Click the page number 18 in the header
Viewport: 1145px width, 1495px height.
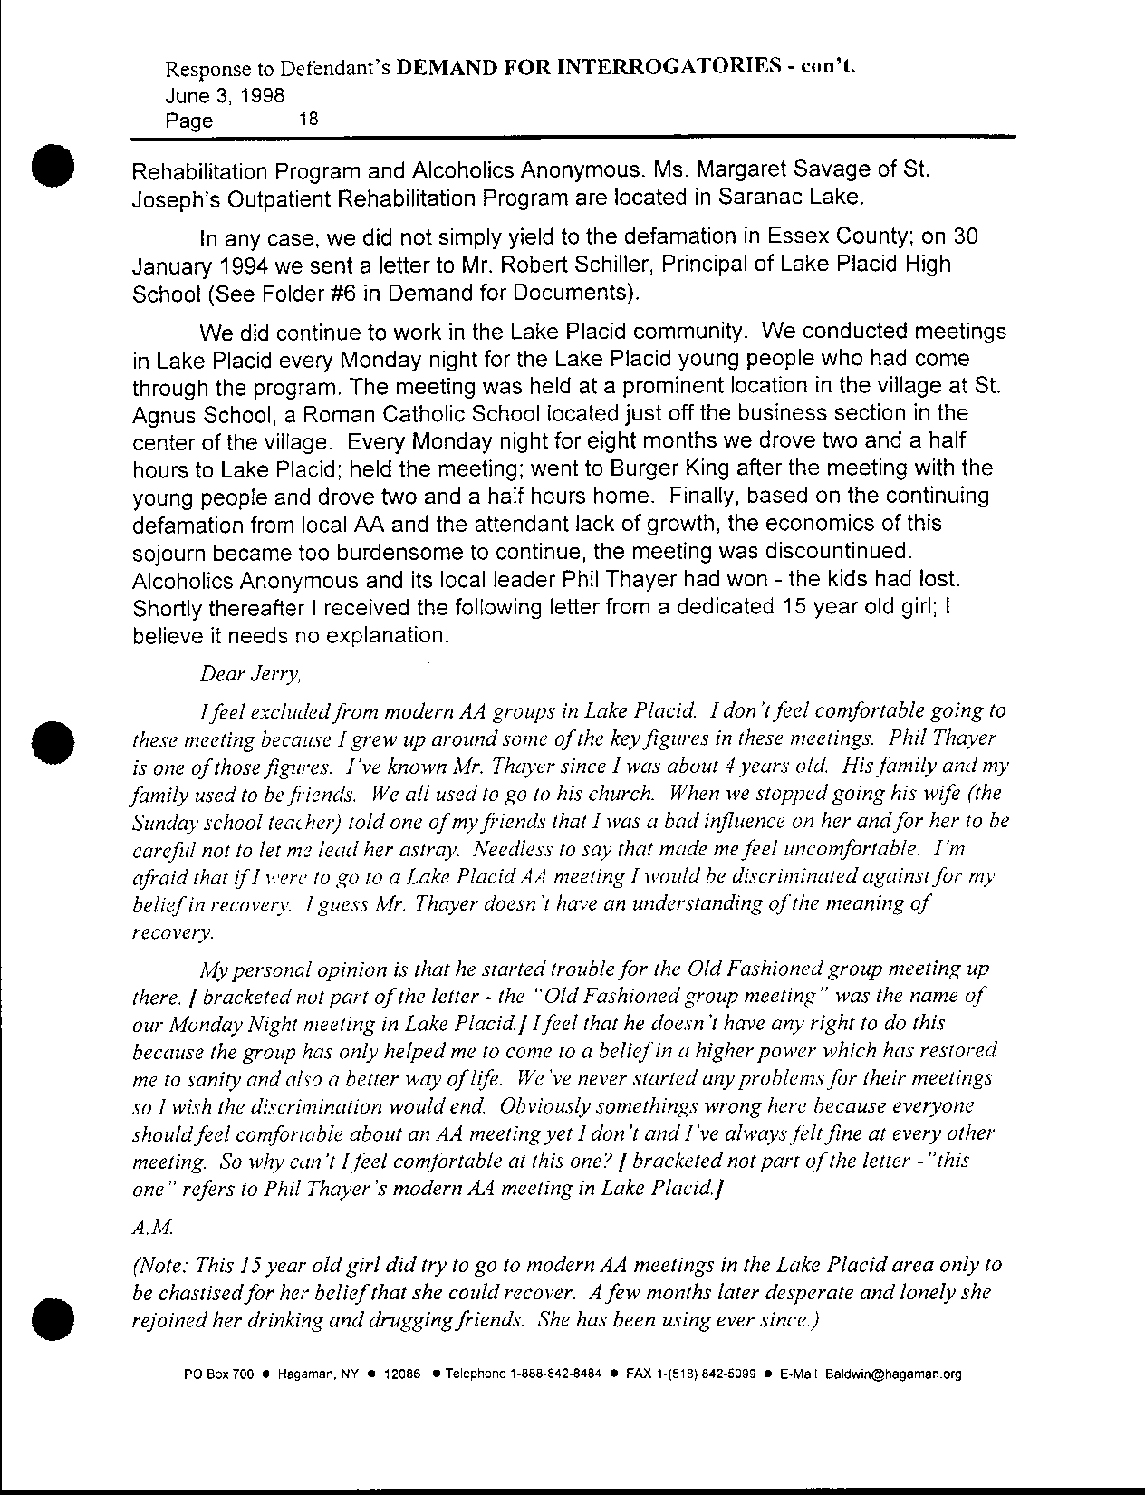(308, 118)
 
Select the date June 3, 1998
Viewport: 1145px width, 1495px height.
(225, 94)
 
